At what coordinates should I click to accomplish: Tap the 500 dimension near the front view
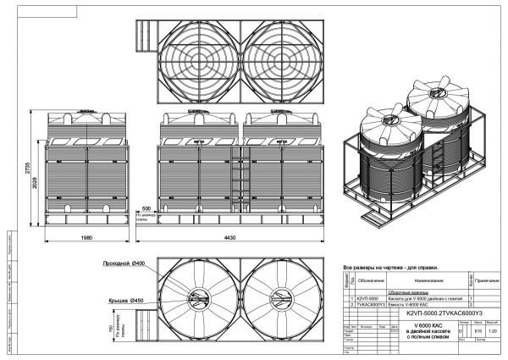[146, 208]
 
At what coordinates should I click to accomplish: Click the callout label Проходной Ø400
[123, 264]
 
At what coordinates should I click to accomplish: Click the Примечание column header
[488, 279]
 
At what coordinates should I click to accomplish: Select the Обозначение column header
[370, 279]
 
